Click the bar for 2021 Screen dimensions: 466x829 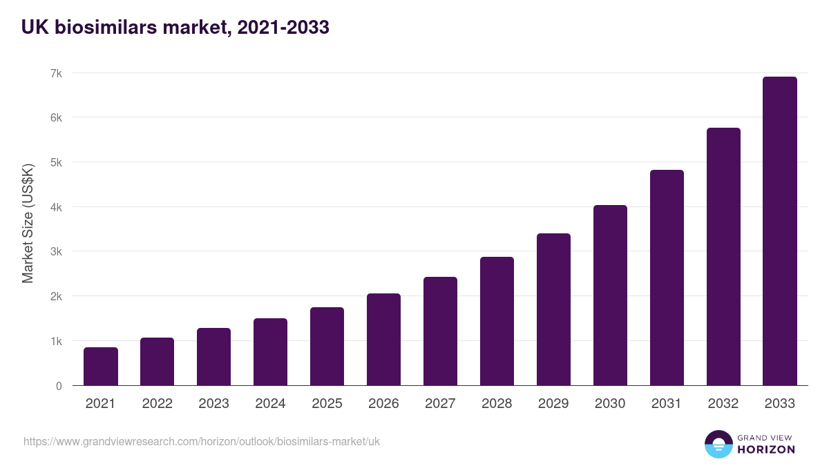pos(101,367)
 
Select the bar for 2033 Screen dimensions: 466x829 pos(780,231)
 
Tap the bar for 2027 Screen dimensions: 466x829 pos(440,331)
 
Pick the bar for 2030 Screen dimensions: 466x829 pos(610,295)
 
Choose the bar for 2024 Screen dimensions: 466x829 pos(270,352)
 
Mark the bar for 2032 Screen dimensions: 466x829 pos(723,257)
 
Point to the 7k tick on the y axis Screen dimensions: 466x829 pos(55,73)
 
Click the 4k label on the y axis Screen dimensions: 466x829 pos(55,207)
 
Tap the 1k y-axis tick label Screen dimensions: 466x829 pos(55,341)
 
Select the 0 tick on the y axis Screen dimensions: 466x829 pos(59,386)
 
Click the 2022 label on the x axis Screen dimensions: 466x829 pos(157,404)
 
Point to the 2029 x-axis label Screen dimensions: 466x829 pos(553,404)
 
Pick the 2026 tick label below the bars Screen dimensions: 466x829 pos(383,404)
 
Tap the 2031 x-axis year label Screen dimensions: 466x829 pos(667,404)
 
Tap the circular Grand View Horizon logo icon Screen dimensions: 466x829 pos(718,444)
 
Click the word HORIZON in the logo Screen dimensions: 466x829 pos(766,449)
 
